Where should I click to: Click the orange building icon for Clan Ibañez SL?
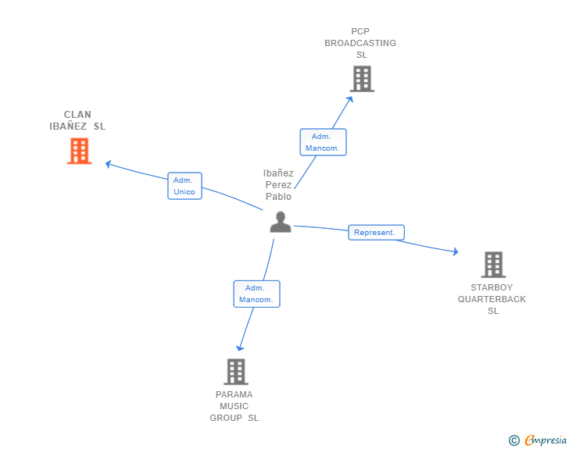(x=79, y=151)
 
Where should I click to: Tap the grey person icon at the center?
(x=280, y=223)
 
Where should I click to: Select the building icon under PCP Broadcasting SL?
(x=361, y=79)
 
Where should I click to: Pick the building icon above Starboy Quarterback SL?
(x=493, y=265)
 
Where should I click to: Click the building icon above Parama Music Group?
(x=235, y=372)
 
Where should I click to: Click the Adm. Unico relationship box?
(x=184, y=186)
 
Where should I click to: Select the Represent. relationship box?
(x=376, y=232)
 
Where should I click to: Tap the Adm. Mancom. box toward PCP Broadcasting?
(x=323, y=142)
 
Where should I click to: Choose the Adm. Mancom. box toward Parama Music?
(x=256, y=294)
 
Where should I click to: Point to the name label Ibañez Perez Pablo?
(x=278, y=185)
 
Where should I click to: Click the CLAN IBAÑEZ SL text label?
(x=77, y=120)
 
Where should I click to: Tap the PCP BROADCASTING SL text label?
(x=360, y=43)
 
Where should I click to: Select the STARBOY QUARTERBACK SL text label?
(x=492, y=299)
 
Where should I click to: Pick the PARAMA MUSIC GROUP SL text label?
(x=234, y=406)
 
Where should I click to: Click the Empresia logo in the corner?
(x=546, y=440)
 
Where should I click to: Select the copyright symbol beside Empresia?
(x=514, y=440)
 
